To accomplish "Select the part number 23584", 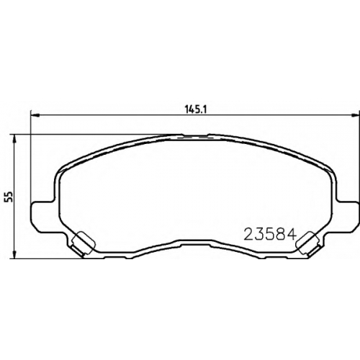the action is pos(269,234).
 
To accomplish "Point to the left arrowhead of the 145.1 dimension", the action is pos(35,115).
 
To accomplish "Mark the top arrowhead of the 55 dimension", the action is pos(15,138).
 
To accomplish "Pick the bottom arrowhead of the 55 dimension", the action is pos(15,254).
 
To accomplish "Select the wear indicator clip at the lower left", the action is pos(84,243).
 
